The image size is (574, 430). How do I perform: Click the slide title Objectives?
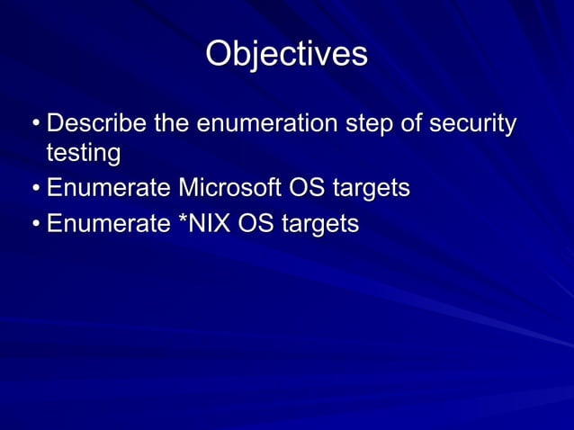pos(286,54)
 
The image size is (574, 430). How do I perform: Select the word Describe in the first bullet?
pos(97,123)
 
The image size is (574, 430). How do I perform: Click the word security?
pos(472,123)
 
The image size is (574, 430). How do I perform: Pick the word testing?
pos(83,154)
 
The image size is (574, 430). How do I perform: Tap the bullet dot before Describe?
pos(33,124)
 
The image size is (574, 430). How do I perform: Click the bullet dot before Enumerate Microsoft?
pos(33,190)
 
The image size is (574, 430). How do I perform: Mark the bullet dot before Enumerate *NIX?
pos(33,223)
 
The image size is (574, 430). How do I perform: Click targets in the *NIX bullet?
pos(320,223)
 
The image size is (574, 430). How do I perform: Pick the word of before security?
pos(410,123)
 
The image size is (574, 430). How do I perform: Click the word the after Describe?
pos(175,123)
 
